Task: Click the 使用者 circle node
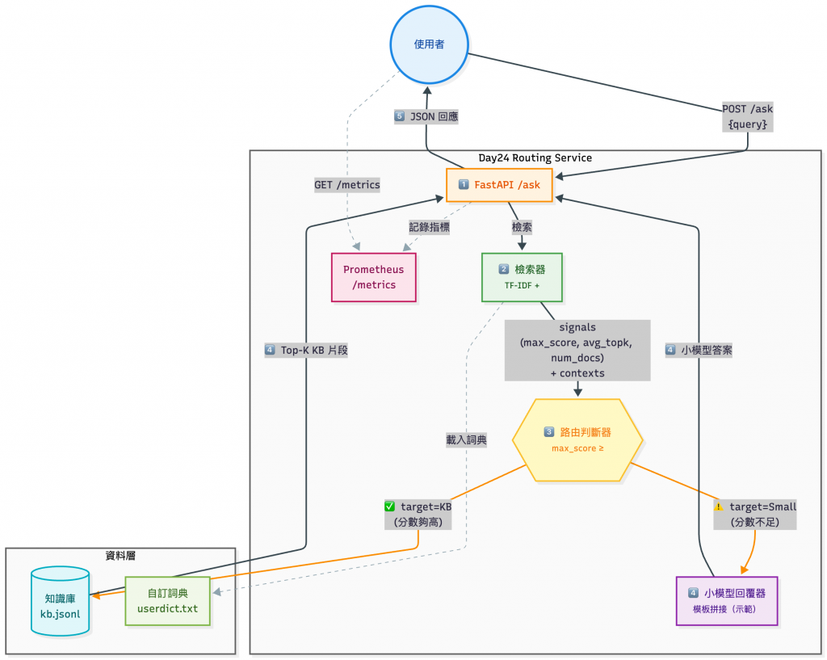coord(429,44)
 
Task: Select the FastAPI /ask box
coord(499,185)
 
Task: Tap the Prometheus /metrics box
coord(374,277)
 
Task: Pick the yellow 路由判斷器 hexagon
coord(577,439)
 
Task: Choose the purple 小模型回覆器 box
coord(726,600)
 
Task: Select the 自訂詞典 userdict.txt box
coord(167,600)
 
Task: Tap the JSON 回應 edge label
coord(426,116)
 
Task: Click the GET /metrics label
coord(346,185)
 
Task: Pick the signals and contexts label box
coord(577,350)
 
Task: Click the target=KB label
coord(418,514)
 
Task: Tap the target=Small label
coord(756,514)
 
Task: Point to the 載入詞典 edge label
coord(467,440)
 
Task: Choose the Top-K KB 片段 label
coord(306,350)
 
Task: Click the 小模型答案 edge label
coord(699,350)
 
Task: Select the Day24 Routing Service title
coord(535,158)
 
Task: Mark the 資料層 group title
coord(120,555)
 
